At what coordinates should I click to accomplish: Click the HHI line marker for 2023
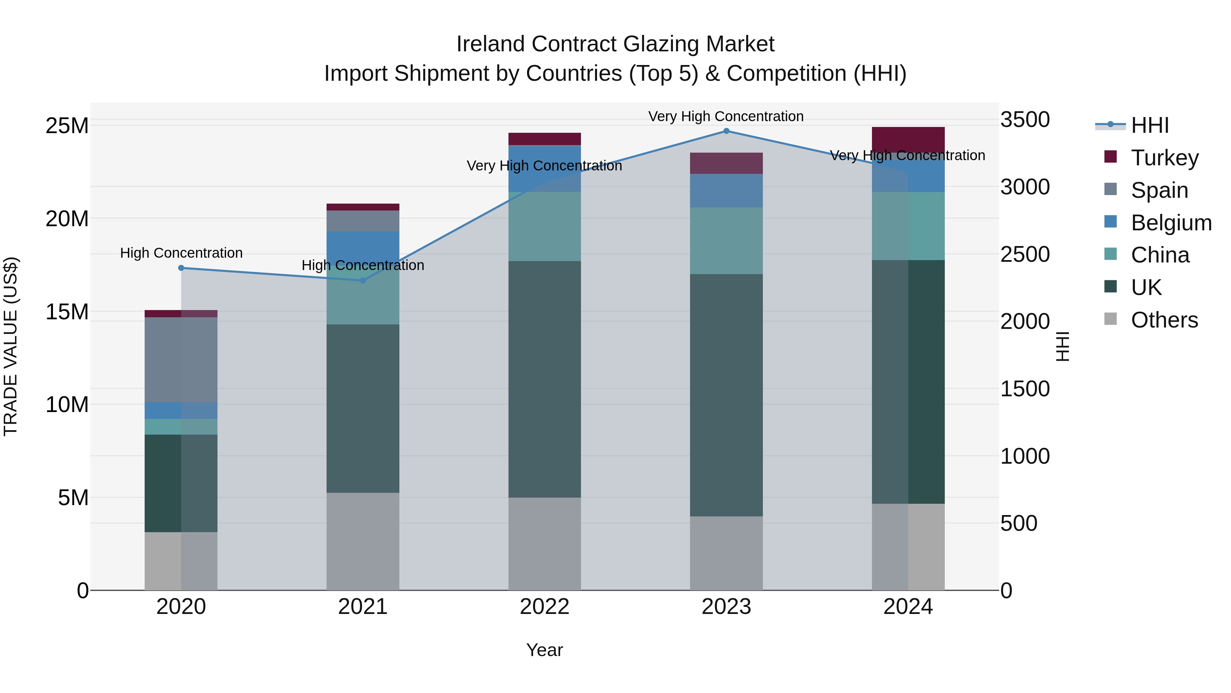(726, 131)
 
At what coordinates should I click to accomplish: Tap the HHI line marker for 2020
(181, 268)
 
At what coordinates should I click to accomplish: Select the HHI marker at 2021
(363, 281)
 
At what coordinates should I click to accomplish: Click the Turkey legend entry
(1165, 157)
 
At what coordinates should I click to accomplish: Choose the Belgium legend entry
(1171, 222)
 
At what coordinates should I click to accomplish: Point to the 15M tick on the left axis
(67, 312)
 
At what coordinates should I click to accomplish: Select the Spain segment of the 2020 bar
(181, 360)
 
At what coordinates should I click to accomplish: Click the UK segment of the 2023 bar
(726, 395)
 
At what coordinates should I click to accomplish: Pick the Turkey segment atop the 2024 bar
(908, 140)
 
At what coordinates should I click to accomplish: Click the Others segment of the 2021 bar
(363, 541)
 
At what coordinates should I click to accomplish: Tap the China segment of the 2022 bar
(544, 226)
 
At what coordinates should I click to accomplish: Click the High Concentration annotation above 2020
(181, 253)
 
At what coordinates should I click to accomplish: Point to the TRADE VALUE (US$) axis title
(11, 346)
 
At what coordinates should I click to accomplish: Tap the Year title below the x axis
(544, 651)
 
